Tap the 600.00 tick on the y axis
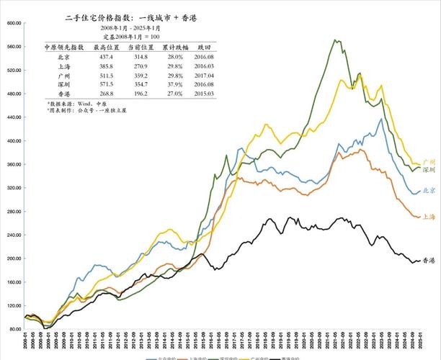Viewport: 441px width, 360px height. point(14,23)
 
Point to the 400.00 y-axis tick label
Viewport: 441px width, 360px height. point(14,141)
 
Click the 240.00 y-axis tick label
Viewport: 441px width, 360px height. point(14,235)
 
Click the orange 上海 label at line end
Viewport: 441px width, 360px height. point(428,216)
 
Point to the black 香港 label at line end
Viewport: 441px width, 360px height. point(428,260)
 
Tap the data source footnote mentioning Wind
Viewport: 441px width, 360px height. point(77,104)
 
